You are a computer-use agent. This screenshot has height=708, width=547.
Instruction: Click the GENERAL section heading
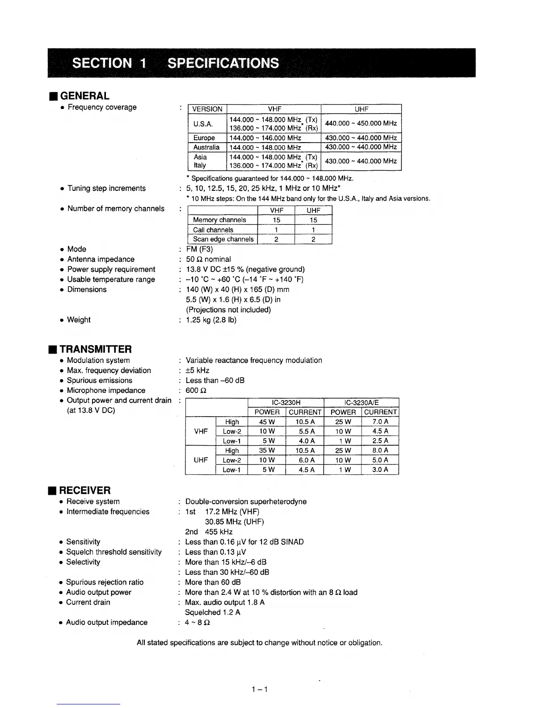tap(84, 96)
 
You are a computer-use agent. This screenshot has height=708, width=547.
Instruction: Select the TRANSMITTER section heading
tap(96, 349)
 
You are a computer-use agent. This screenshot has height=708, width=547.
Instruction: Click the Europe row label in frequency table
tap(204, 138)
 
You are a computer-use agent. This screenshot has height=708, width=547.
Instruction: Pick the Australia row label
tap(206, 147)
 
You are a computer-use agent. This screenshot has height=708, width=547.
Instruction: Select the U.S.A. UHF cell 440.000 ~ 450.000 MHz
tap(361, 123)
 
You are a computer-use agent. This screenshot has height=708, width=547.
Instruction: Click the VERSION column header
tap(207, 109)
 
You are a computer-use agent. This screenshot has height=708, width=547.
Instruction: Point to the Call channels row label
tap(213, 230)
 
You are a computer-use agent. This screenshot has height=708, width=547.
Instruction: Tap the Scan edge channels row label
tap(223, 239)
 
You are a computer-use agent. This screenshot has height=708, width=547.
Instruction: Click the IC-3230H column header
tap(286, 403)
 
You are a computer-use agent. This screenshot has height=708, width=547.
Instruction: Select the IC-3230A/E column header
tap(361, 403)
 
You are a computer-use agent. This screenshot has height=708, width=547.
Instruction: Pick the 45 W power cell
tap(267, 421)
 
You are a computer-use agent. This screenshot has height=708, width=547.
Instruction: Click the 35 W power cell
tap(267, 450)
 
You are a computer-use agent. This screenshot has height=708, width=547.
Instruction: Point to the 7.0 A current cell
tap(380, 421)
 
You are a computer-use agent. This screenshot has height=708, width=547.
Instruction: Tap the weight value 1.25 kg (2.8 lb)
tap(211, 320)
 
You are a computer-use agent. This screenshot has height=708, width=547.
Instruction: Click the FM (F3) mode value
tap(199, 249)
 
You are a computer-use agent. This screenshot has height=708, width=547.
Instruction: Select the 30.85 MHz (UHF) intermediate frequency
tap(234, 522)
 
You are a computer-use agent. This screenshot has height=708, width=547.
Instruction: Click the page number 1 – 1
tap(259, 689)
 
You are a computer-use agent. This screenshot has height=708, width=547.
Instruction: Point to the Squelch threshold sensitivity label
tap(114, 552)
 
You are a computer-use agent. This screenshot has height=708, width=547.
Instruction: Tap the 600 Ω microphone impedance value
tap(196, 390)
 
